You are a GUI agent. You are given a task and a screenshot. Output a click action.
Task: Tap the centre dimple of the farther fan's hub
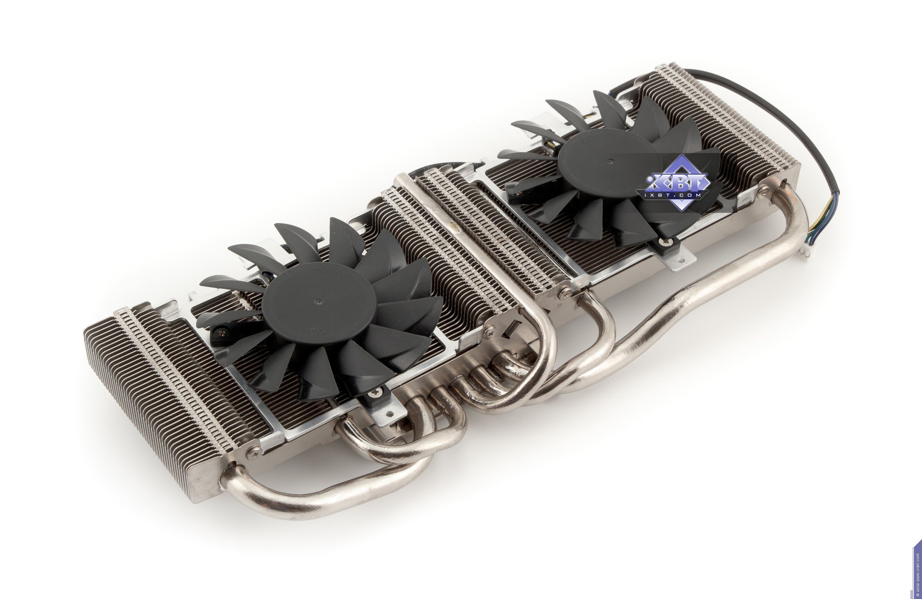(610, 160)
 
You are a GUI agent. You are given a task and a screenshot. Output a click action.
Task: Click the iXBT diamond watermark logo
(677, 183)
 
